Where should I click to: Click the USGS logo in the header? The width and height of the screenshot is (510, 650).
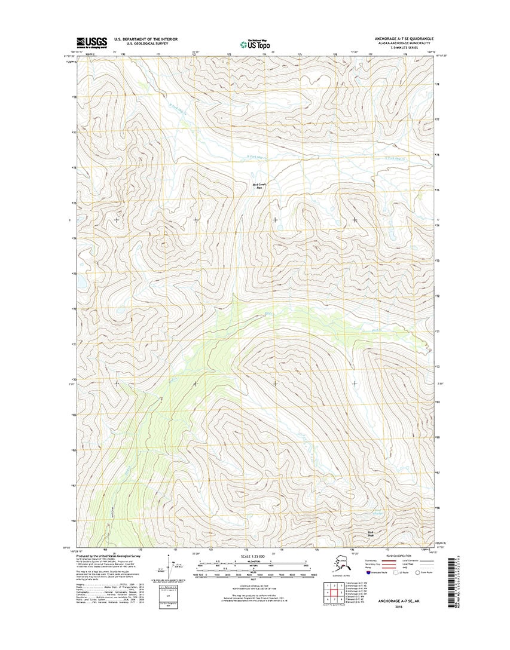point(91,42)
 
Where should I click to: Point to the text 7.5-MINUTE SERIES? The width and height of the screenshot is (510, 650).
point(406,47)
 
